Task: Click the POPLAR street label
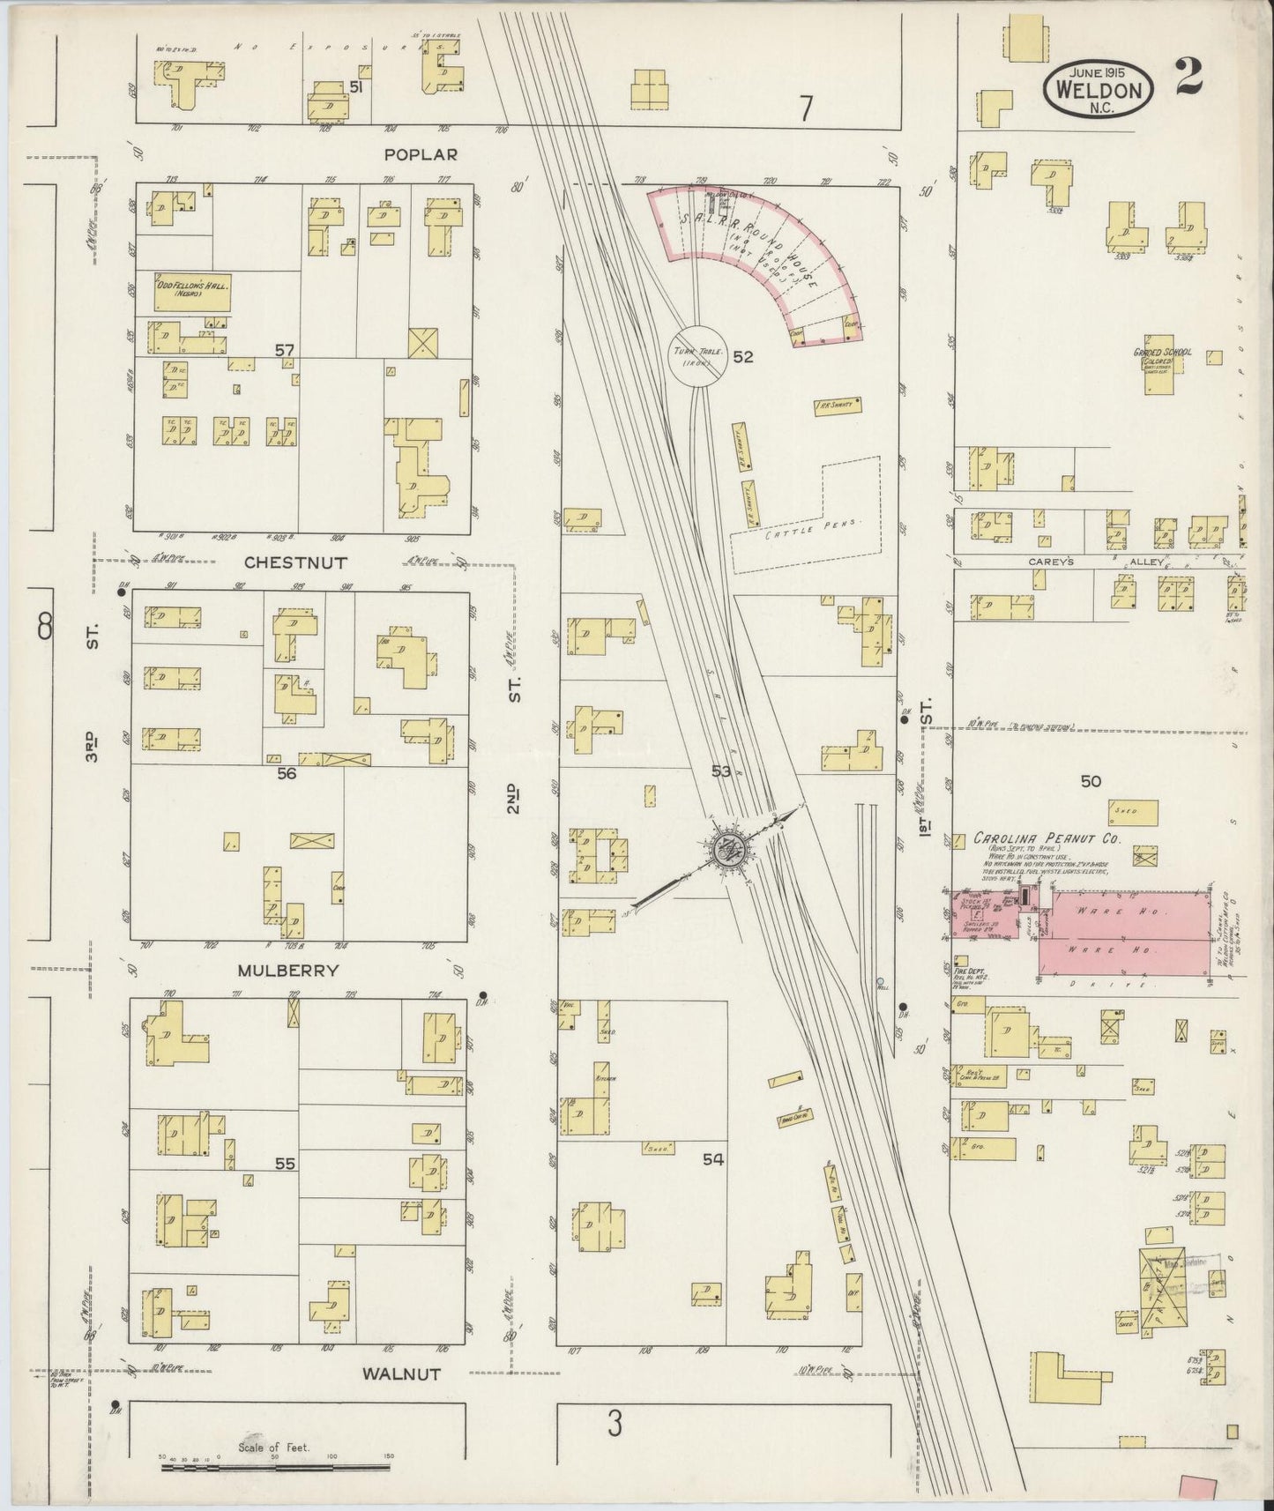421,154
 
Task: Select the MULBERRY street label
287,971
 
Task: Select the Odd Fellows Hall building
192,293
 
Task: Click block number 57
283,351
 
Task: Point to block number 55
284,1164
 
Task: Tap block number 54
712,1159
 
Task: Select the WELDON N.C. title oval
1098,89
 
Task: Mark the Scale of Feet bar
274,1468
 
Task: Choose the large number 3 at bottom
614,1423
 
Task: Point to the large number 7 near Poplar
805,108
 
